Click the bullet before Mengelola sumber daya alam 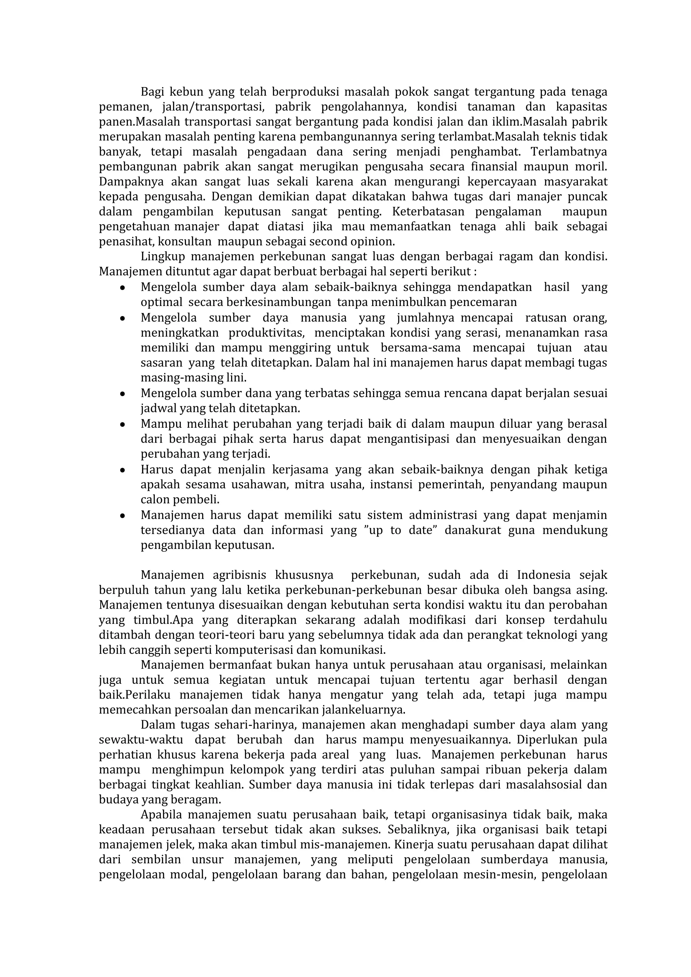click(122, 288)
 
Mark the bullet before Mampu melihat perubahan click(122, 425)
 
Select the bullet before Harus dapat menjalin click(122, 471)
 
